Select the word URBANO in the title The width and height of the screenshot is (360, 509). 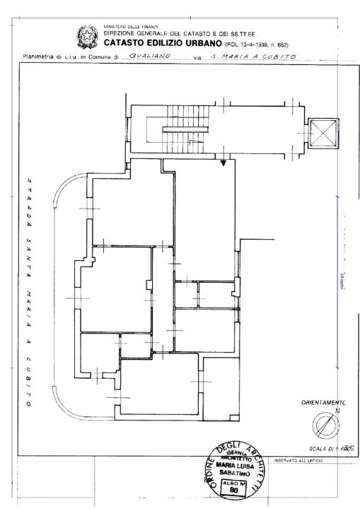click(x=195, y=40)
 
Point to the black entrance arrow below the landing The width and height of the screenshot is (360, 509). click(x=224, y=163)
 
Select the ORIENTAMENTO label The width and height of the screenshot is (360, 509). click(x=323, y=403)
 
